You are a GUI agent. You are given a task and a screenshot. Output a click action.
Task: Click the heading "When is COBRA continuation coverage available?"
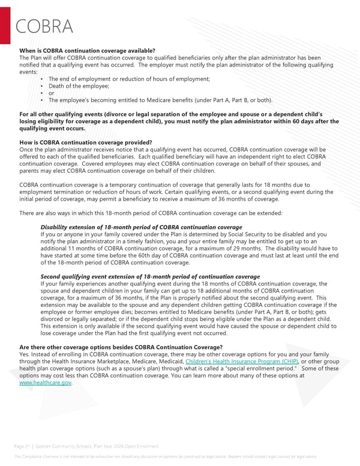point(88,50)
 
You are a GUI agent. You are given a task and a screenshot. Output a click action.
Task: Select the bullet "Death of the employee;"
point(75,86)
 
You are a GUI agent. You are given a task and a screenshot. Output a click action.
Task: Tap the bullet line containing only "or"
point(51,93)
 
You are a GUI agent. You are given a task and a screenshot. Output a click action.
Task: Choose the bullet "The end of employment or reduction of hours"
point(129,79)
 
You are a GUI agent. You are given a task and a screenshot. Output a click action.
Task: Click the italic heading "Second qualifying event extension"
point(149,277)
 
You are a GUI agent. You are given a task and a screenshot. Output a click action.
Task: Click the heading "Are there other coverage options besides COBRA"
point(121,348)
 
